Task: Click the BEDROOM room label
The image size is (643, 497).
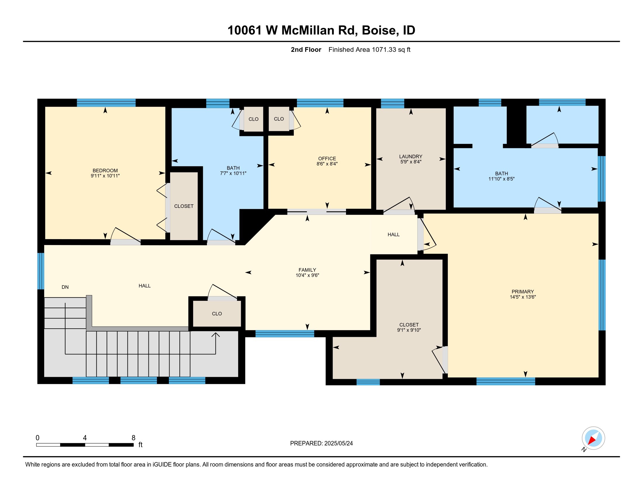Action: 105,170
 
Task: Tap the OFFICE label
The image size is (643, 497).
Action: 327,158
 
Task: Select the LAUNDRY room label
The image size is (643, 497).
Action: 411,156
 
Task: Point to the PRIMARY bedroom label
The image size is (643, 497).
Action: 523,291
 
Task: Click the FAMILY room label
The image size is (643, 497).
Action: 307,270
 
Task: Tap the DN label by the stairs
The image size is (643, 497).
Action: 65,287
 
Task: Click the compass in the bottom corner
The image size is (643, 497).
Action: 593,438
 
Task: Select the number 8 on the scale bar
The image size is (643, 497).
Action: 133,438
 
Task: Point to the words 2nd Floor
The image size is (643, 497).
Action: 306,49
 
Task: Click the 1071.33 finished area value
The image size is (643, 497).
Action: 384,49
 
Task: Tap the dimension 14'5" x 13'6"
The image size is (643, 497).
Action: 523,297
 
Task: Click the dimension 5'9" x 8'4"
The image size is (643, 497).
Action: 411,162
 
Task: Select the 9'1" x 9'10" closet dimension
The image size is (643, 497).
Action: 409,330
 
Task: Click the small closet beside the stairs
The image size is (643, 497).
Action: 217,314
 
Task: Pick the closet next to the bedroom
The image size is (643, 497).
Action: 184,206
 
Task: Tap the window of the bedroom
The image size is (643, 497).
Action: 106,103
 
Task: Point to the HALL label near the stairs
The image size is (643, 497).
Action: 145,286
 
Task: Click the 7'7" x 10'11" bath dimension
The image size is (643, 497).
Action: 233,173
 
